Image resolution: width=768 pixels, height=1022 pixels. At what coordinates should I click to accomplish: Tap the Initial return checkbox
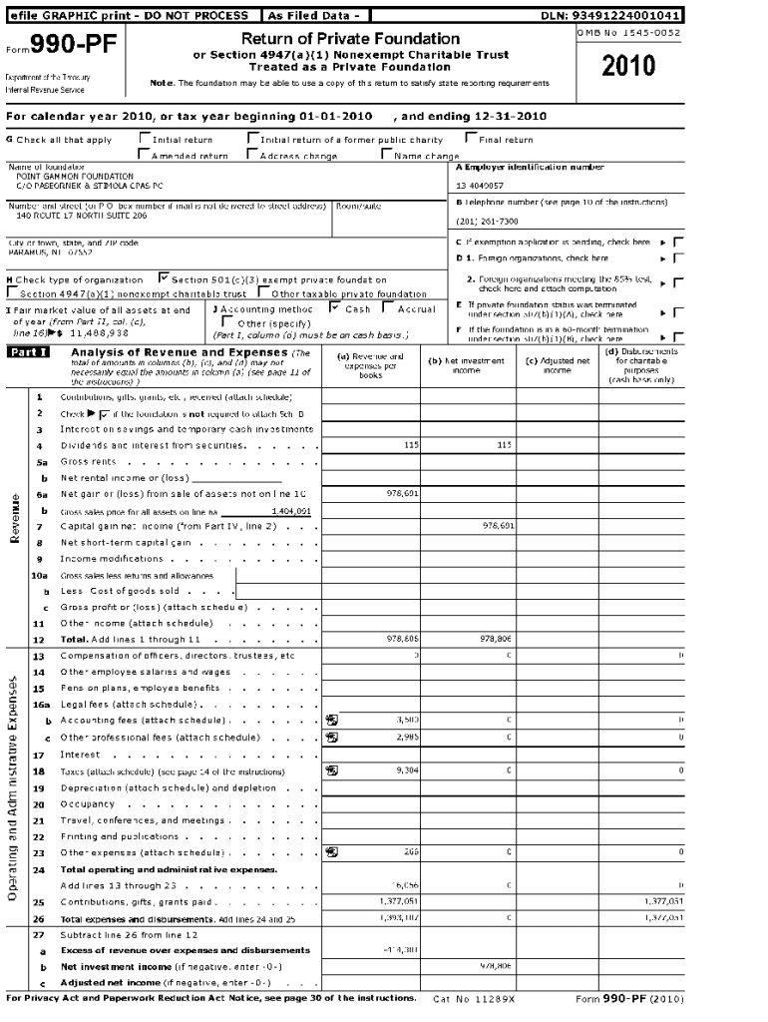(145, 139)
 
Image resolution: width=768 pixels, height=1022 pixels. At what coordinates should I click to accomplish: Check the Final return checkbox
(471, 139)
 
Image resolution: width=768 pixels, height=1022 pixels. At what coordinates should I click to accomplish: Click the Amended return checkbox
(145, 155)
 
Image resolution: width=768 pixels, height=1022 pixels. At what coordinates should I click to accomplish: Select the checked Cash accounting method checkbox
(336, 308)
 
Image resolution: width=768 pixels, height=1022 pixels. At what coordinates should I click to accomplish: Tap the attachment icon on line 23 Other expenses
(331, 851)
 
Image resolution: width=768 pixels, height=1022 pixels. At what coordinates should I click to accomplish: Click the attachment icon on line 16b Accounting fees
(331, 719)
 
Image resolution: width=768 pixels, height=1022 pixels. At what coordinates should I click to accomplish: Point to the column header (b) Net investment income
(467, 364)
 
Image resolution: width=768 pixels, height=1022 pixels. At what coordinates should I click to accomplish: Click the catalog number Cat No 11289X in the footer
(475, 999)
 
